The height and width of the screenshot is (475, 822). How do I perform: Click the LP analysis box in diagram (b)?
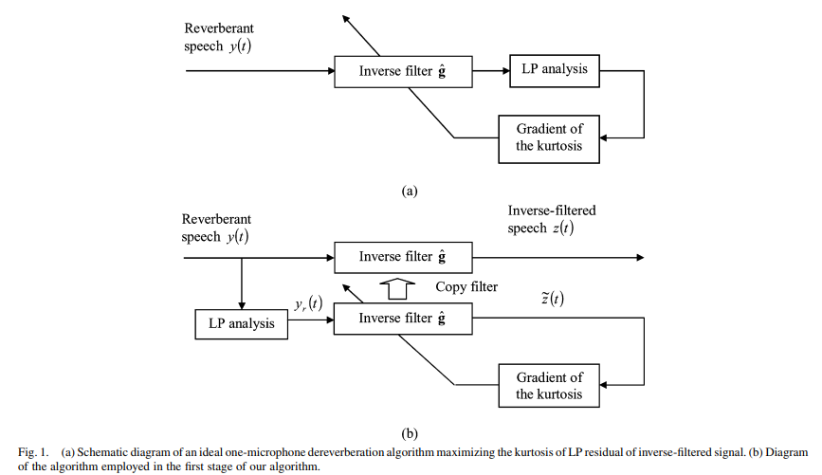point(241,323)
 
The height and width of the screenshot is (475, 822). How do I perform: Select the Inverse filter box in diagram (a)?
point(403,71)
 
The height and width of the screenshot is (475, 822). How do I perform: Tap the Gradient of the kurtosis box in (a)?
point(549,137)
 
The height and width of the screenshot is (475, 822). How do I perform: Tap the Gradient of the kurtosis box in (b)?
point(549,386)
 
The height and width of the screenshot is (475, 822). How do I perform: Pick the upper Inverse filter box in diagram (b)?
point(403,257)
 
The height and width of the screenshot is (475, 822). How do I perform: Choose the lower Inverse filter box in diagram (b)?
point(403,319)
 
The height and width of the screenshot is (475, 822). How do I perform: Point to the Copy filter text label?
point(466,286)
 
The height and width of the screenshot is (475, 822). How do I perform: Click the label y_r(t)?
point(308,304)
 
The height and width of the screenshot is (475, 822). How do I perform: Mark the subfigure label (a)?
point(410,190)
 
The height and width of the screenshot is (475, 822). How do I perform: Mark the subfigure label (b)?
point(410,433)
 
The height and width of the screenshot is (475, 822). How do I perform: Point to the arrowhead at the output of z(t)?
point(641,257)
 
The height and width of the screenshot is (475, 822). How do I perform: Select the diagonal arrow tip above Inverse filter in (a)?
point(346,18)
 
